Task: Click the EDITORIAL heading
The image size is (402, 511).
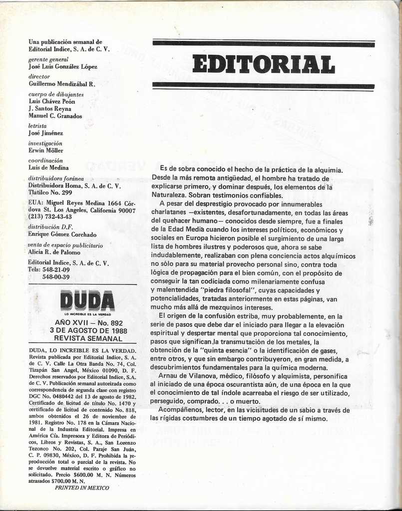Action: tap(263, 64)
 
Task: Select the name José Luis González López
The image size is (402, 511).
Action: tap(63, 67)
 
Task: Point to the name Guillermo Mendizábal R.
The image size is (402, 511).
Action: tap(62, 84)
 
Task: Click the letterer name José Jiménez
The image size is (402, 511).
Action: tap(46, 133)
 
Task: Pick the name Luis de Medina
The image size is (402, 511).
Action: tap(48, 168)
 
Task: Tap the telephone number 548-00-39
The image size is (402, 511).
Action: tap(56, 277)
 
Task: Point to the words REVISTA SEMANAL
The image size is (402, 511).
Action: tap(88, 338)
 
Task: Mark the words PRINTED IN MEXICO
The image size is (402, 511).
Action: tap(82, 488)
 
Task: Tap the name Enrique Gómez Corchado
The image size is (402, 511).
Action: tap(62, 235)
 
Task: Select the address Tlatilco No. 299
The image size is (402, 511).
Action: tap(50, 193)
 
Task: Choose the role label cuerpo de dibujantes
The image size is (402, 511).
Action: tap(56, 94)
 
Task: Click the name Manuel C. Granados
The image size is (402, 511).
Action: tap(55, 116)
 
